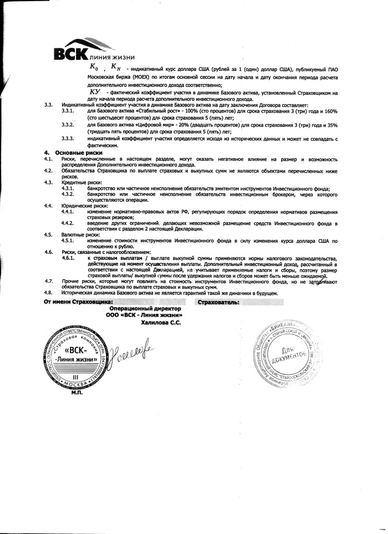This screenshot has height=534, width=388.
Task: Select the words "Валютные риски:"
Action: [78, 235]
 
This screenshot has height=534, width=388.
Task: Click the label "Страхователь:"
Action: [218, 302]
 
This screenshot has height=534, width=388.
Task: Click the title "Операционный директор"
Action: [146, 308]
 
